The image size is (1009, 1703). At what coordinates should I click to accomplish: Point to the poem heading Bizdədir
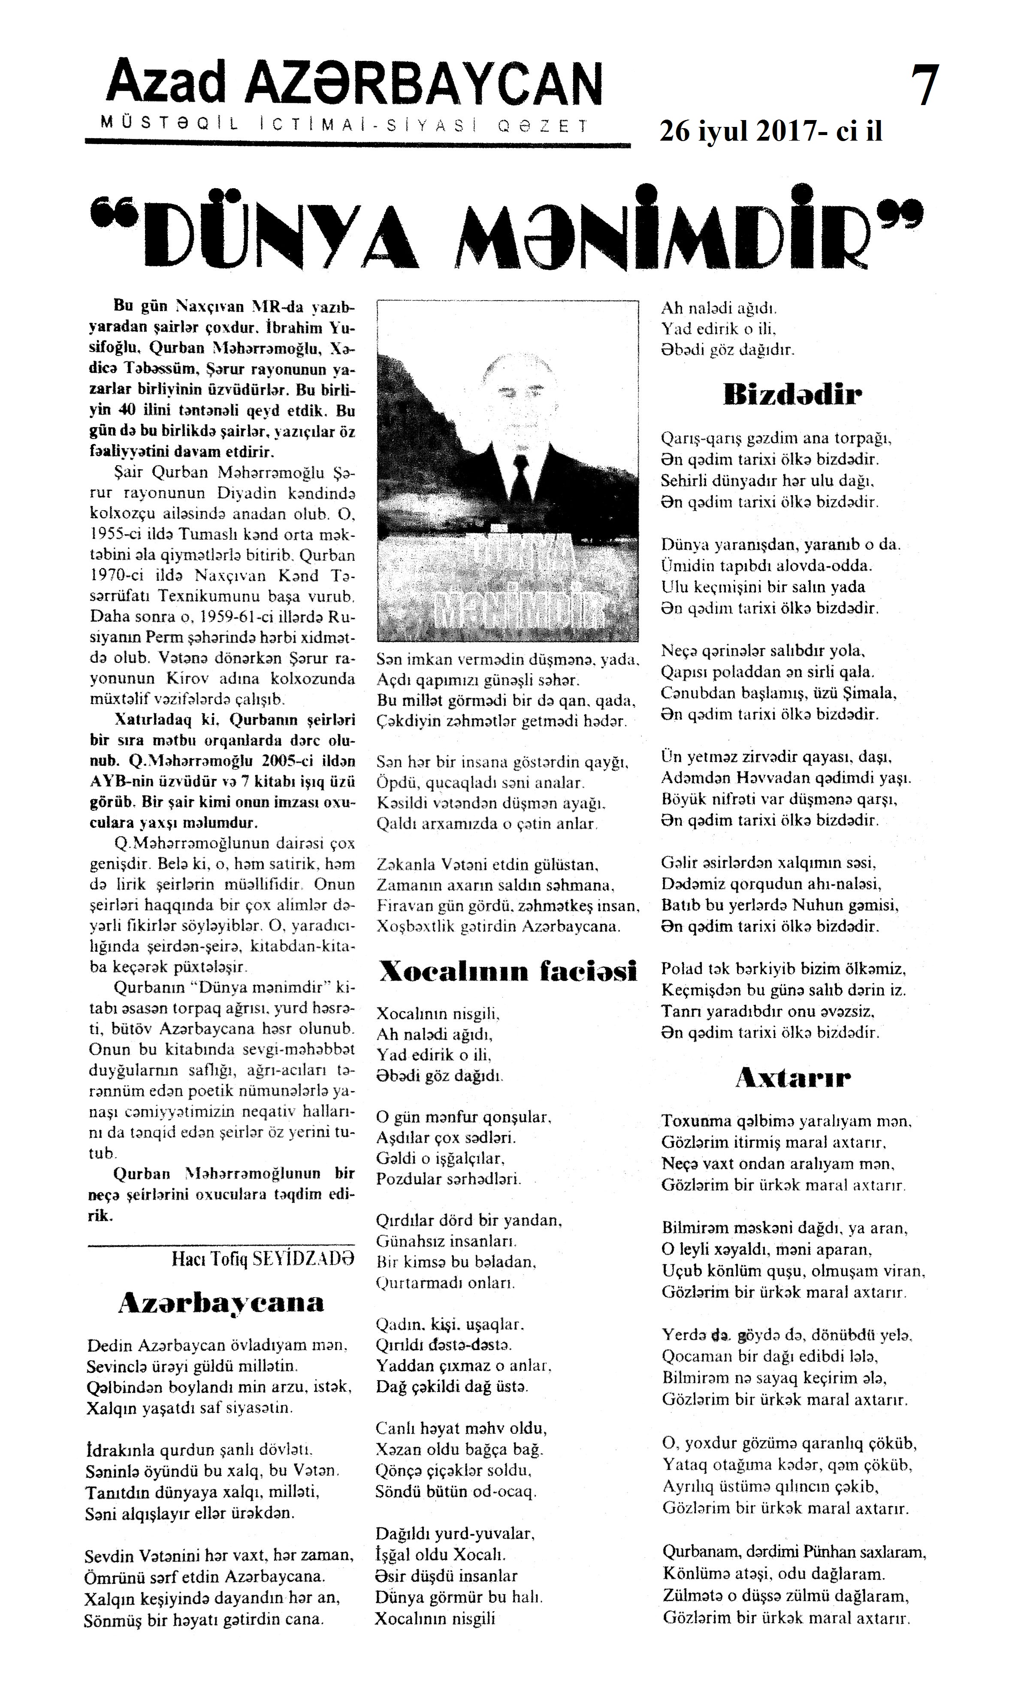(x=793, y=394)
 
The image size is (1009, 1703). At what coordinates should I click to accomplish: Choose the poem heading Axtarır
(x=793, y=1078)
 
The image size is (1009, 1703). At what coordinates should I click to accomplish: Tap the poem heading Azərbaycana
(x=221, y=1302)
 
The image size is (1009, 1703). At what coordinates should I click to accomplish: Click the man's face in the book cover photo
(x=517, y=394)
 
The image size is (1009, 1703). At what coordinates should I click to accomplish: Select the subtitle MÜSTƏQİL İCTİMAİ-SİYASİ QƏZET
(x=343, y=125)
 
